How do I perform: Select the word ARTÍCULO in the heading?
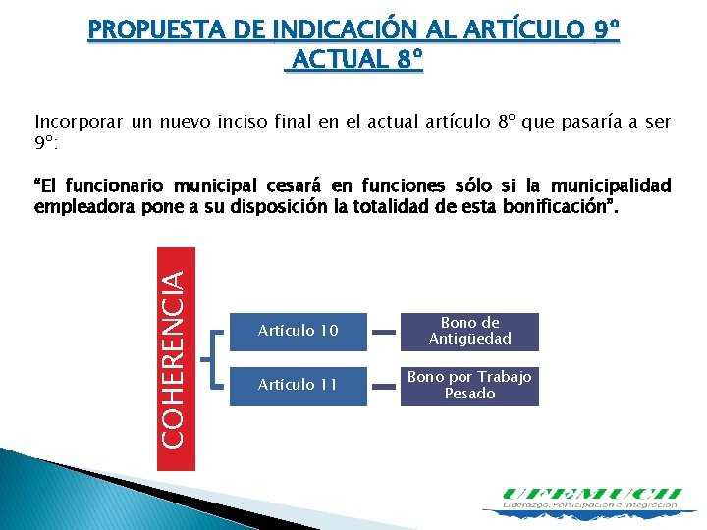(x=523, y=31)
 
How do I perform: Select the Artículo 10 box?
(x=299, y=332)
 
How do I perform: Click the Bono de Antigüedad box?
(x=470, y=332)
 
